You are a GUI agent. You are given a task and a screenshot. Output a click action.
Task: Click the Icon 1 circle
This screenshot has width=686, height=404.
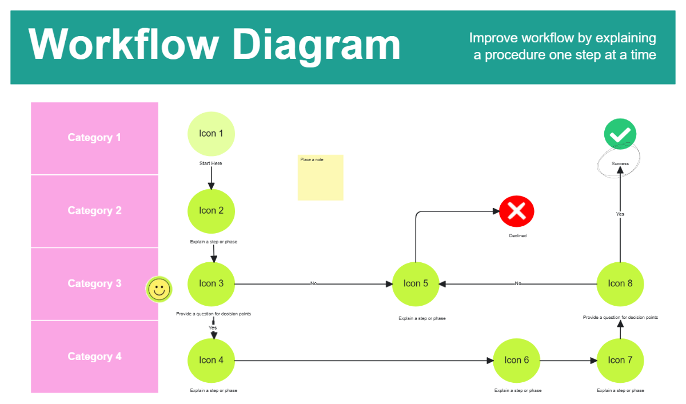click(211, 134)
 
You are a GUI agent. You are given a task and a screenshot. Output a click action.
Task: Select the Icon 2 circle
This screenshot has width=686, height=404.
click(211, 211)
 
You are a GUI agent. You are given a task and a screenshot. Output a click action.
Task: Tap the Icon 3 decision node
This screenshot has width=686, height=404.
click(211, 283)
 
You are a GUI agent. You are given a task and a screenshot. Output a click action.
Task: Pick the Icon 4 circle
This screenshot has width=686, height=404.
click(211, 360)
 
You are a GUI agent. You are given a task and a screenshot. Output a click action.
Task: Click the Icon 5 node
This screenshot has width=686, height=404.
click(416, 283)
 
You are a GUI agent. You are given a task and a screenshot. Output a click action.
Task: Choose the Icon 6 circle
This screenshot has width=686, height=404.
click(516, 360)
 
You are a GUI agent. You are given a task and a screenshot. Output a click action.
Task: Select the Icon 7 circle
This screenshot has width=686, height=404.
click(620, 360)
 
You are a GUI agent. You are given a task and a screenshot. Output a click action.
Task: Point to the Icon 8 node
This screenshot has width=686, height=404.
click(620, 283)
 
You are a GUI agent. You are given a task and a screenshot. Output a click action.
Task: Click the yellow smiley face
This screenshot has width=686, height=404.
click(159, 290)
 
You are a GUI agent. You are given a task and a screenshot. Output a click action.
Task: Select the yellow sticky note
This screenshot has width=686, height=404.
click(320, 178)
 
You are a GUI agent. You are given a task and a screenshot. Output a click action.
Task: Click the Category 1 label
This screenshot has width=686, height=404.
click(94, 138)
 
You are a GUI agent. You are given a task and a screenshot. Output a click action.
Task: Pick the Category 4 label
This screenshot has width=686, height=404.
click(94, 357)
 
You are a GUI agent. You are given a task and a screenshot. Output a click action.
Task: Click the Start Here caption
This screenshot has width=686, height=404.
click(210, 164)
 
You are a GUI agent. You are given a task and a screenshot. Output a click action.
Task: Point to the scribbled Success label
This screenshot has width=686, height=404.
click(620, 164)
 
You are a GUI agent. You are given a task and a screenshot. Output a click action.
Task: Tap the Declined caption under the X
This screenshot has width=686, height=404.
click(517, 236)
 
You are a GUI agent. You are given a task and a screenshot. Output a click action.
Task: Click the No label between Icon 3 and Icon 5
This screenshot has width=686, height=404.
click(313, 283)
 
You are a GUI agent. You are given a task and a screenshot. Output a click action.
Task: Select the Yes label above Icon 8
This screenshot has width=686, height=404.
click(620, 214)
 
